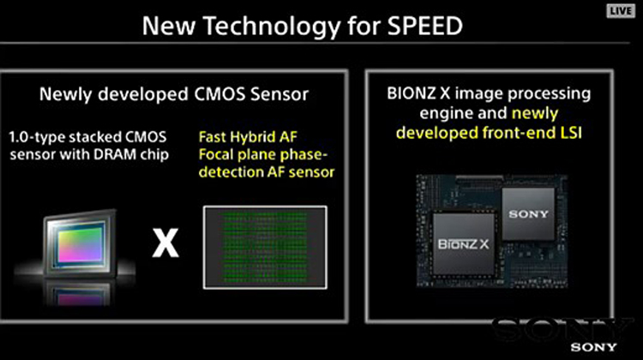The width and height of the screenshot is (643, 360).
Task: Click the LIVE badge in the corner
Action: click(620, 10)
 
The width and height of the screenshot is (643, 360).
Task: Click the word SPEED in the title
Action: click(425, 26)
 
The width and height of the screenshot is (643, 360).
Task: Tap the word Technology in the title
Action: click(272, 27)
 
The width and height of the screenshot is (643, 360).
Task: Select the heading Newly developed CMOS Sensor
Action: click(174, 94)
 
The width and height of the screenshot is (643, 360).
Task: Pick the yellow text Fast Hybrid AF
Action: click(248, 137)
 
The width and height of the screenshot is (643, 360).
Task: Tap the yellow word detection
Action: click(231, 172)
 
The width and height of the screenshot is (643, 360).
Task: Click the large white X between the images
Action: click(165, 243)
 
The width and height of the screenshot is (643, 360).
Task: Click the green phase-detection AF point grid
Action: click(265, 247)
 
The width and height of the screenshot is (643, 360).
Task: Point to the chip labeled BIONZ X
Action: click(464, 244)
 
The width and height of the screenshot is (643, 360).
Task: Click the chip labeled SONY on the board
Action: click(528, 213)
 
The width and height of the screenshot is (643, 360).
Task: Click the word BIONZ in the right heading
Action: click(412, 93)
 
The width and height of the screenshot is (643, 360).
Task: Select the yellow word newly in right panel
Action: click(535, 114)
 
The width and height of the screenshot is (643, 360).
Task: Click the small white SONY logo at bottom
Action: click(593, 347)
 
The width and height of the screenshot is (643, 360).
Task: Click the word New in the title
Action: click(169, 26)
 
